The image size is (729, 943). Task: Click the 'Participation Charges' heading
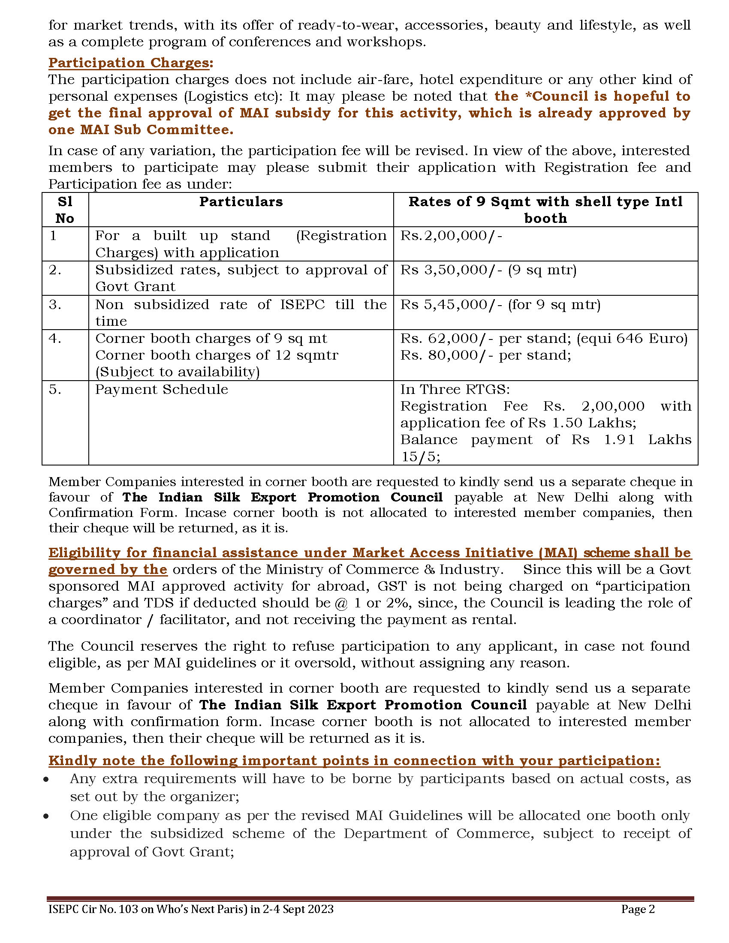[x=129, y=63]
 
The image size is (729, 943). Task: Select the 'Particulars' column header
[x=241, y=201]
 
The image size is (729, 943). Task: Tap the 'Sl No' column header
[x=65, y=210]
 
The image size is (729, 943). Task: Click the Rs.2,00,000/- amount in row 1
[x=451, y=236]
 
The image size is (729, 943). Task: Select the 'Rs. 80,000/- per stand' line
[x=485, y=355]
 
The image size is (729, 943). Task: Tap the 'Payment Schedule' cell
[x=162, y=390]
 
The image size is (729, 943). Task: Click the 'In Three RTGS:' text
[x=455, y=390]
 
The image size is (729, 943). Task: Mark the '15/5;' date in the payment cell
[x=420, y=457]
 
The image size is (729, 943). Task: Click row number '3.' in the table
[x=55, y=305]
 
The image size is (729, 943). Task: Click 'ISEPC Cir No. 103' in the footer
[x=93, y=909]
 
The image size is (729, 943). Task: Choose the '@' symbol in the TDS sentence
[x=341, y=603]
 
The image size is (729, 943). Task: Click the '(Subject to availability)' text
[x=177, y=372]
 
